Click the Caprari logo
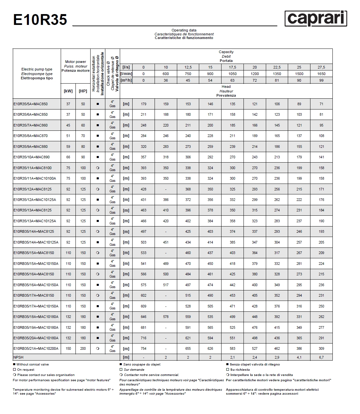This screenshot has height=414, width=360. (315, 18)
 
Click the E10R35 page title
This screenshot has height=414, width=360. (40, 20)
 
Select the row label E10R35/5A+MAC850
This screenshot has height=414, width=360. (31, 104)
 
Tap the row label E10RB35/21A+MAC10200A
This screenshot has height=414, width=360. (36, 348)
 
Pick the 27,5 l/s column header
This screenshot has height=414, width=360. (321, 67)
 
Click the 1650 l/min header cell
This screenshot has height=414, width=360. (321, 74)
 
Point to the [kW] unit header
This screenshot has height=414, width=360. (68, 91)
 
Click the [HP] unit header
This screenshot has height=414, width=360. (83, 91)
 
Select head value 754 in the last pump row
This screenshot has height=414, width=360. (143, 348)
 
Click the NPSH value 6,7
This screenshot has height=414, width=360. (321, 357)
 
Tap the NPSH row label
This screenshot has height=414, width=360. (18, 357)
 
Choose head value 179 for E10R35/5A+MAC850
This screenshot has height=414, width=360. (143, 104)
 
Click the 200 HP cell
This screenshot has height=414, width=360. (83, 348)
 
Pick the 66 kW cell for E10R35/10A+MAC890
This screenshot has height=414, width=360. (68, 157)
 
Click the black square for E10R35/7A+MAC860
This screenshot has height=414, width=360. (97, 125)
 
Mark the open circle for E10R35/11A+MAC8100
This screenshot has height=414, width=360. (97, 168)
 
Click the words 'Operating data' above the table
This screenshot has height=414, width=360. (184, 30)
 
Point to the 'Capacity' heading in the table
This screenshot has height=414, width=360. (226, 52)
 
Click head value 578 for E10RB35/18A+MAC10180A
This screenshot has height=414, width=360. (166, 317)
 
